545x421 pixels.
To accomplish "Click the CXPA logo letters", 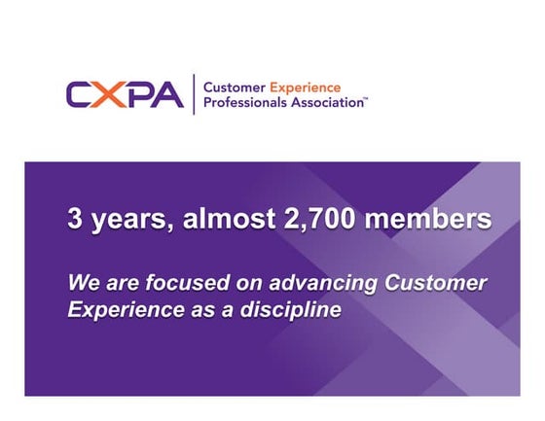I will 125,94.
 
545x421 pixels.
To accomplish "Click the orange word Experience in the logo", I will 305,87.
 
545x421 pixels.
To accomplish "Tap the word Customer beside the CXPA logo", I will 234,87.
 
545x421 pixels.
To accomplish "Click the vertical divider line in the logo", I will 193,94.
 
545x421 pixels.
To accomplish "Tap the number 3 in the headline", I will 74,219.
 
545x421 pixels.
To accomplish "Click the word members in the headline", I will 438,219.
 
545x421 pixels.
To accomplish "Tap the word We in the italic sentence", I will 81,283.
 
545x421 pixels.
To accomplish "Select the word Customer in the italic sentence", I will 436,283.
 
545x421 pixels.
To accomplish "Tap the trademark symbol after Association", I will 365,98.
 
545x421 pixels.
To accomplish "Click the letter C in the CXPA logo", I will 80,94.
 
